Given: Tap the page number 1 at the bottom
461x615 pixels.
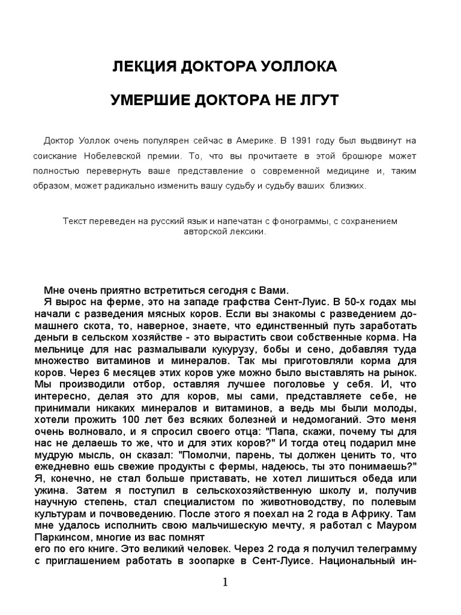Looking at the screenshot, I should tap(226, 583).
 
